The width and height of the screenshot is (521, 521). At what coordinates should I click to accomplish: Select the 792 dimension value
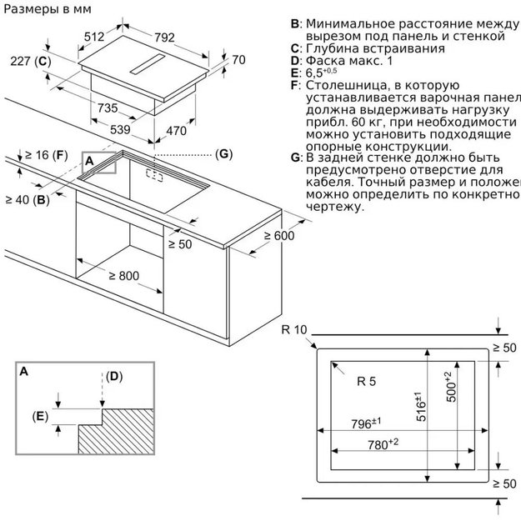(x=163, y=37)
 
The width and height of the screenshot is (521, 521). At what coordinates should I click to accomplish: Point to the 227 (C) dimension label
(x=32, y=63)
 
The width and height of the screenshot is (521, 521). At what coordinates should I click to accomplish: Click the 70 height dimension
(x=238, y=60)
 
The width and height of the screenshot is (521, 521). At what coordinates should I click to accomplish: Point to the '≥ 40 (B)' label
(x=27, y=199)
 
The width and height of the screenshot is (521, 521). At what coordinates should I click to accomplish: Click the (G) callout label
(x=223, y=154)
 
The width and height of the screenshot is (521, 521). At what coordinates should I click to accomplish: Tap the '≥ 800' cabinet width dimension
(x=124, y=275)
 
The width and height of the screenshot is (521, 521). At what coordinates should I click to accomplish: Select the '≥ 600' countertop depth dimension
(x=279, y=236)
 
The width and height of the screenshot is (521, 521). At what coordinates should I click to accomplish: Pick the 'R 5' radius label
(x=367, y=382)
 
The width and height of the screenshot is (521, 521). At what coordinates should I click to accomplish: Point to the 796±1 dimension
(x=365, y=424)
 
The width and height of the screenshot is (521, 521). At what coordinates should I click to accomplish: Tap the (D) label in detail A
(x=113, y=376)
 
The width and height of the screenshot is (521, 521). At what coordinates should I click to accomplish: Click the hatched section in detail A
(x=117, y=433)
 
